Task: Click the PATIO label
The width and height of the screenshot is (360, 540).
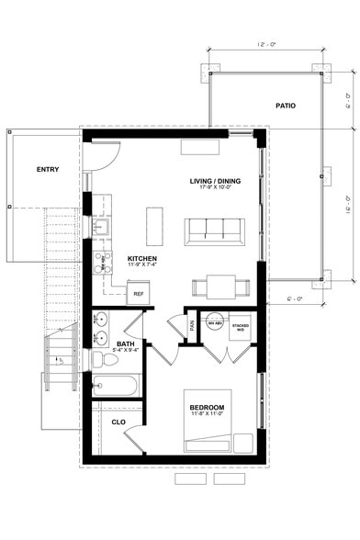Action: [286, 107]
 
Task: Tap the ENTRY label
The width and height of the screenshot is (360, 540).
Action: [48, 170]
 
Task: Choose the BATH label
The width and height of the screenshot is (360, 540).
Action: [125, 344]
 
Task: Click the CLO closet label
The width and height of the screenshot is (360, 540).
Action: [118, 422]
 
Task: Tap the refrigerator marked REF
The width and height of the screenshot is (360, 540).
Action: [139, 294]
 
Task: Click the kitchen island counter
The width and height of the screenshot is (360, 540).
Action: [154, 225]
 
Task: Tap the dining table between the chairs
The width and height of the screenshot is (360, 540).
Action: [220, 287]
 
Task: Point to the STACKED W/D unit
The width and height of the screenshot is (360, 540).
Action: [241, 326]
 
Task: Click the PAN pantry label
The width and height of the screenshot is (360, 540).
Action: [191, 324]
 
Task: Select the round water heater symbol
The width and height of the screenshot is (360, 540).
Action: [214, 325]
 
